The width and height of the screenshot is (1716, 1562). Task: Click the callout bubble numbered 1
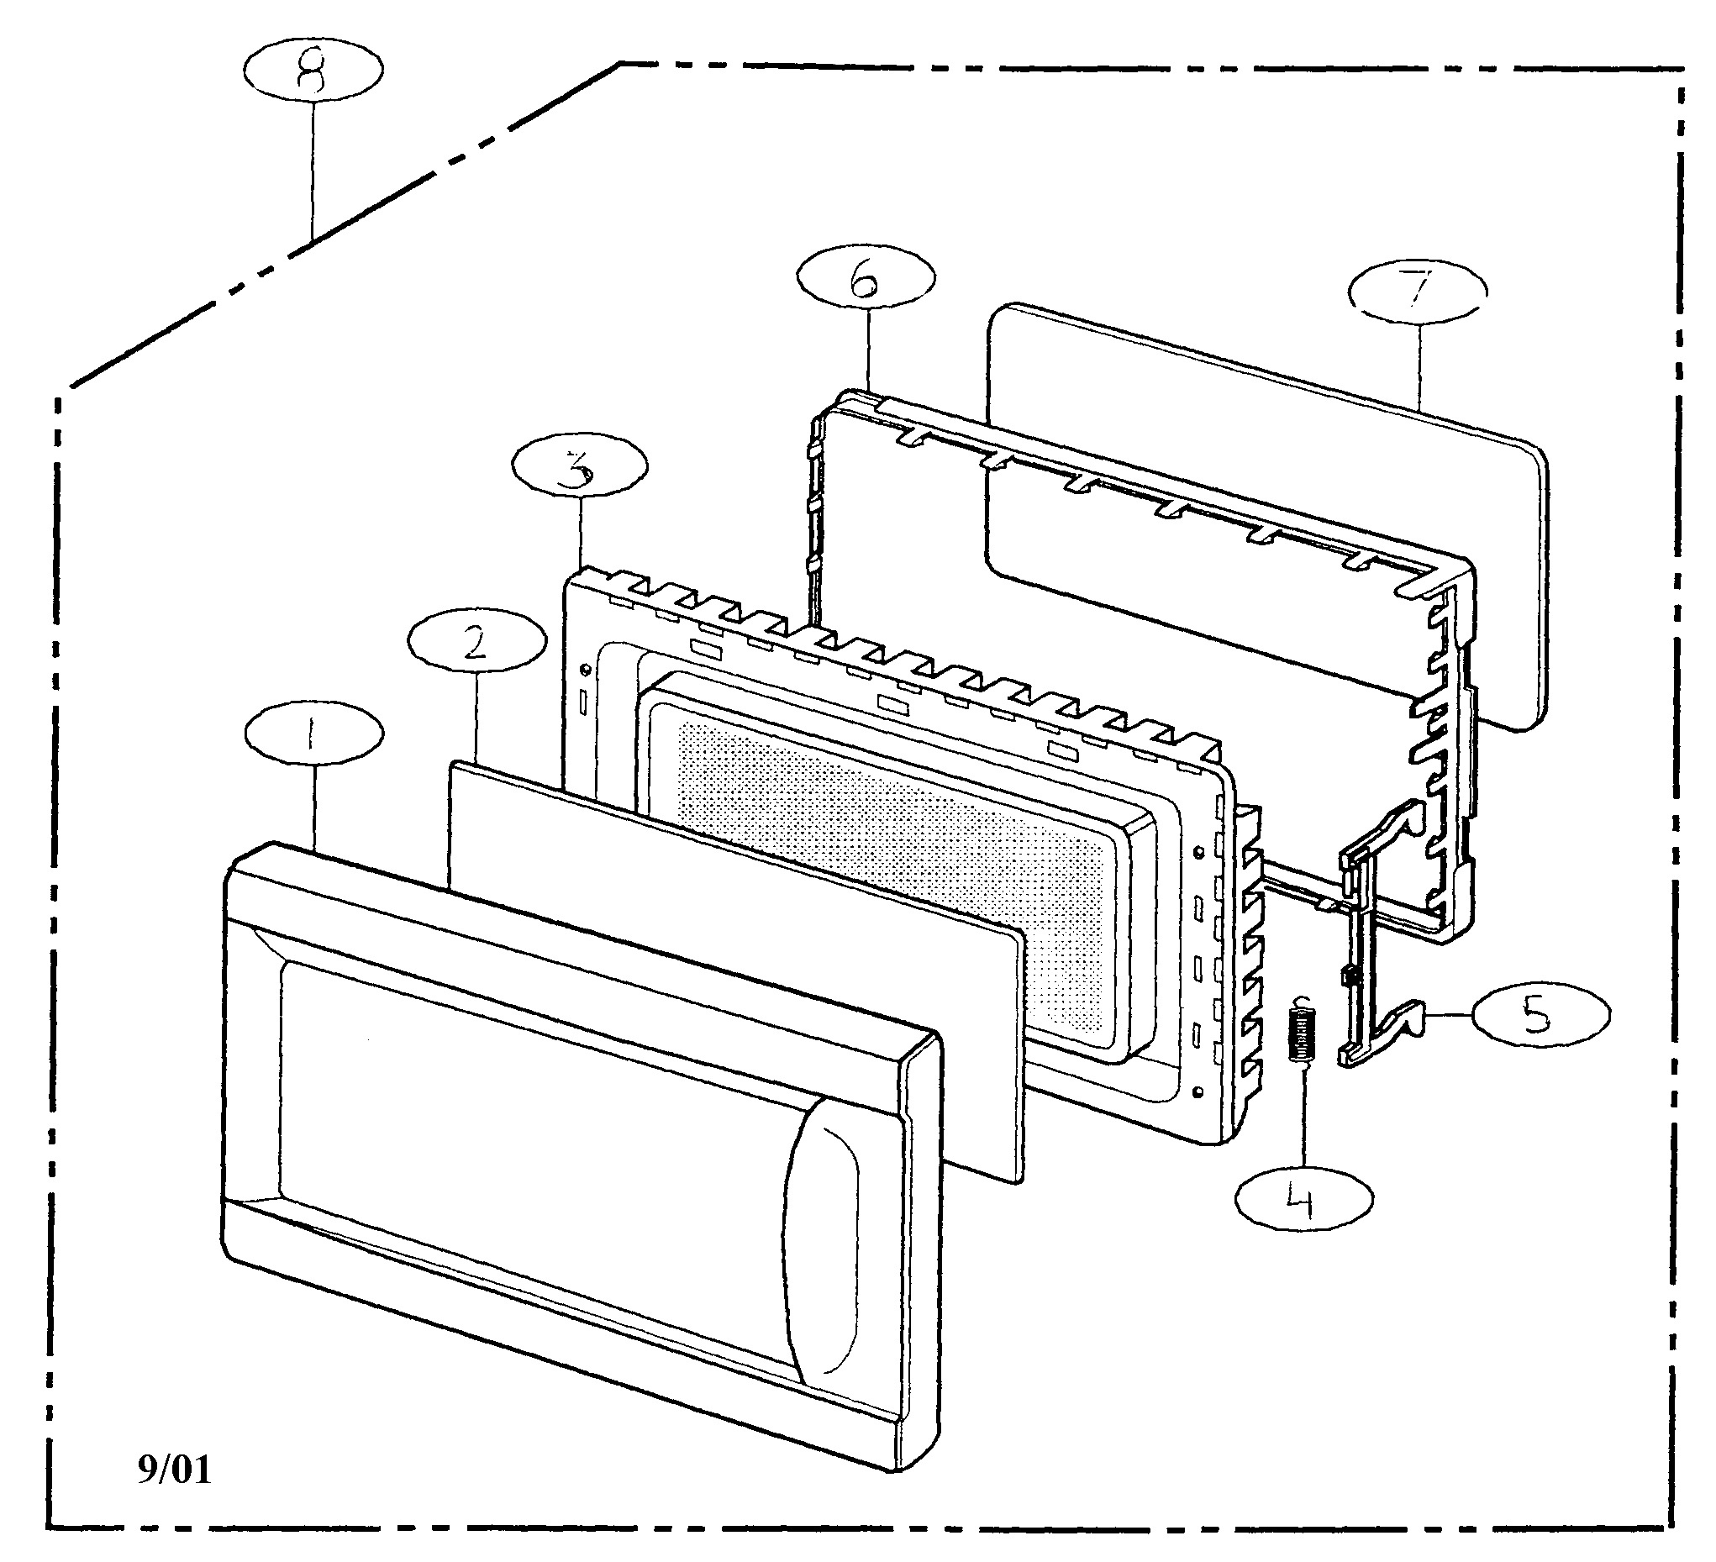click(x=313, y=734)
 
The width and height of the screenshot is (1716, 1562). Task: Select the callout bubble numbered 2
click(x=476, y=644)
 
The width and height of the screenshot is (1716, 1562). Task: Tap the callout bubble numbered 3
click(x=580, y=467)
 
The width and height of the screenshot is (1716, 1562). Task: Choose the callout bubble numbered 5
click(x=1541, y=1015)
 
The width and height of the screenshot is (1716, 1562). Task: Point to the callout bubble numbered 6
click(x=866, y=277)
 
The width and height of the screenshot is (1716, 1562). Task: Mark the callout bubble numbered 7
click(x=1418, y=291)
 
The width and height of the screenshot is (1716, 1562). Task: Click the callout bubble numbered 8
click(x=313, y=72)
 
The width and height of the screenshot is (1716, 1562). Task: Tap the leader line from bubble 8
click(x=313, y=171)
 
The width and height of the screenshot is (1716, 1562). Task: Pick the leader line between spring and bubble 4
click(x=1303, y=1123)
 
